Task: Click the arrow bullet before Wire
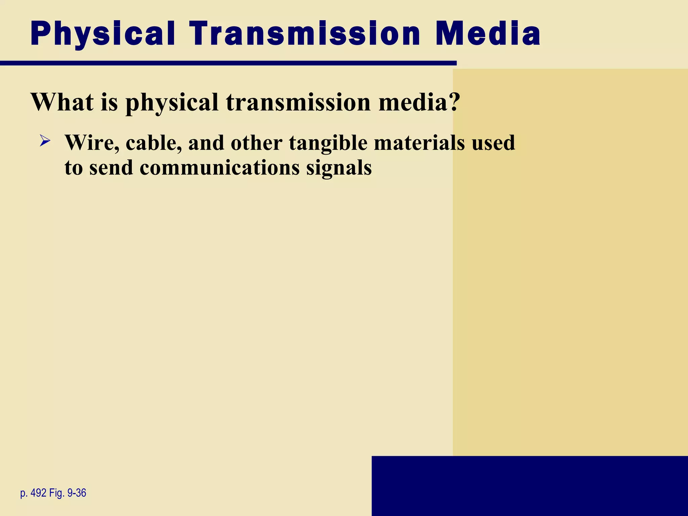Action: coord(45,140)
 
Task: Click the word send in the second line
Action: coord(111,168)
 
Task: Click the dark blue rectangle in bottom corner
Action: coord(529,486)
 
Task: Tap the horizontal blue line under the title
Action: coord(228,63)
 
